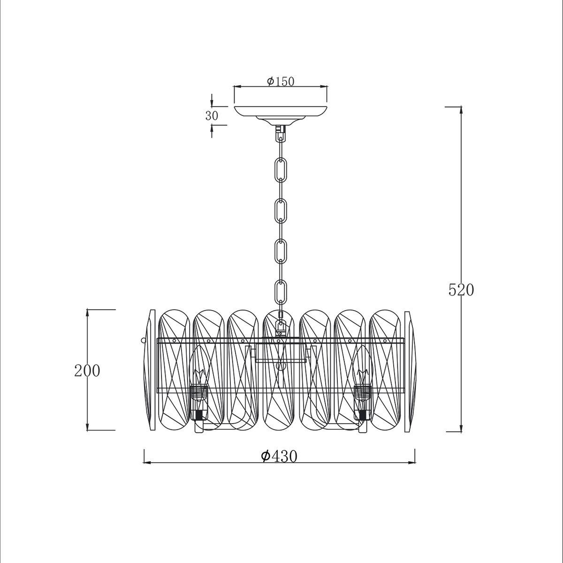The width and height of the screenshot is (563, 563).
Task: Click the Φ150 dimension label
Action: coord(281,82)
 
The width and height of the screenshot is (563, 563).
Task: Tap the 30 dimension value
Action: coord(212,116)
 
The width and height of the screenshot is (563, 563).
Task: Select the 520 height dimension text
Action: coord(461,290)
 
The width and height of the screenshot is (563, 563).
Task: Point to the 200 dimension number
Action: coord(87,371)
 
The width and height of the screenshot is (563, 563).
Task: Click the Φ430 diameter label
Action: coord(279,456)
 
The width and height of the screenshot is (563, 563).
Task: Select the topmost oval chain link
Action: coord(281,169)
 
